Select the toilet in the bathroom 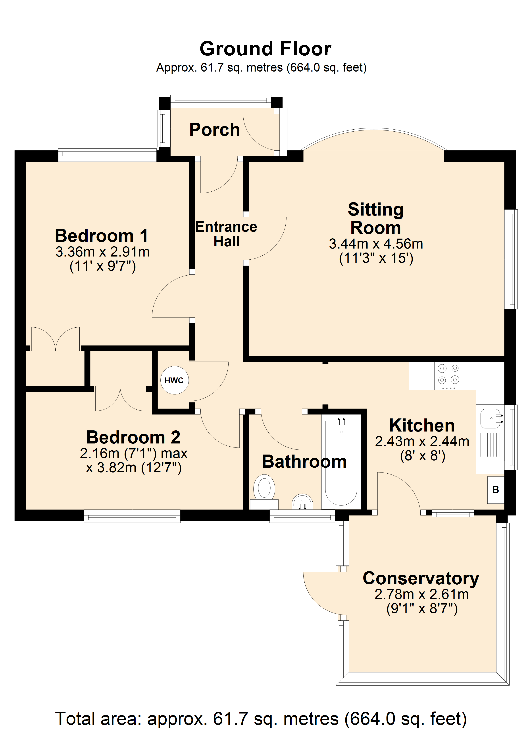point(264,491)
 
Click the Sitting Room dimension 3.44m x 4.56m point(376,244)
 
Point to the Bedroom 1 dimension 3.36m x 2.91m point(102,252)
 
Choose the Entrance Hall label point(226,234)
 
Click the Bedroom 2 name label point(133,437)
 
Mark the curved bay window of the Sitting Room point(374,129)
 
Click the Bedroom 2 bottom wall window point(132,516)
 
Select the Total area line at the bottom point(261,718)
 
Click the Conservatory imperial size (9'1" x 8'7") point(422,609)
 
